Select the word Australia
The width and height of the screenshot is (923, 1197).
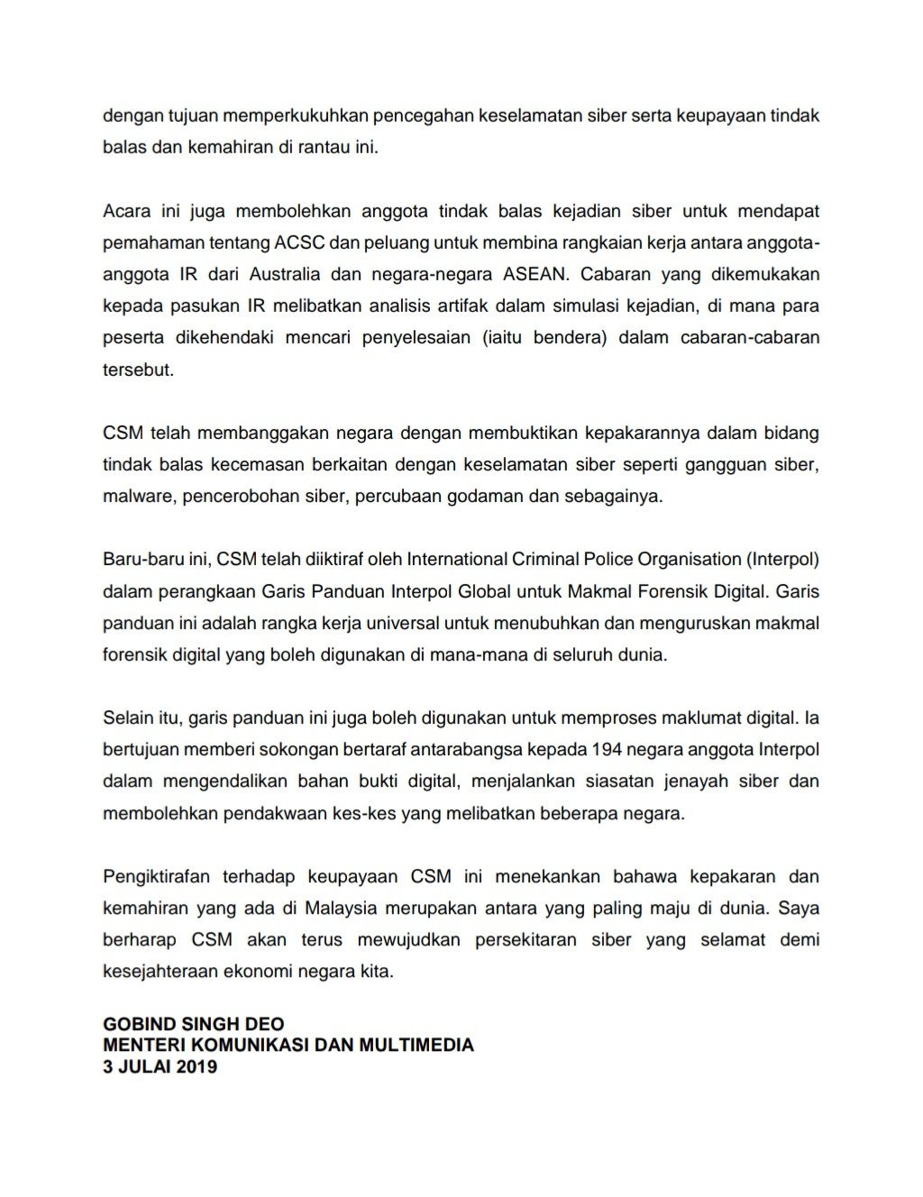coord(316,274)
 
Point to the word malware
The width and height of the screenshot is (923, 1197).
coord(138,497)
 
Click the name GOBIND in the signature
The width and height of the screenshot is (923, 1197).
coord(139,1024)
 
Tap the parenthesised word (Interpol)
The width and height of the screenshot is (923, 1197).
coord(782,559)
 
